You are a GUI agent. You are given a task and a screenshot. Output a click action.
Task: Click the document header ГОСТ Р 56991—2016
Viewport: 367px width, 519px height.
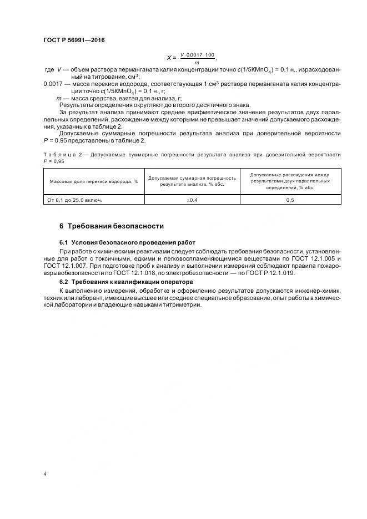point(74,41)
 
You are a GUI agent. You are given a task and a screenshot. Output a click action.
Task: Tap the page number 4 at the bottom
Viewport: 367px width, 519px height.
point(45,475)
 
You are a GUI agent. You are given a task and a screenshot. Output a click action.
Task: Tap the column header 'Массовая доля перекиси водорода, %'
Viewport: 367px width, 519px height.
point(93,181)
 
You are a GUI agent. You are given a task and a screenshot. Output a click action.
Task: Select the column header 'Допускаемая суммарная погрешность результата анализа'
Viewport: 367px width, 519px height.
point(193,181)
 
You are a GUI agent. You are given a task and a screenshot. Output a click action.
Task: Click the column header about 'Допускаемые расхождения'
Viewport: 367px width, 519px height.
point(290,181)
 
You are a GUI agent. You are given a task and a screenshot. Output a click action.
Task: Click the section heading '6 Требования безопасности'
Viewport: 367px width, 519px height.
point(111,226)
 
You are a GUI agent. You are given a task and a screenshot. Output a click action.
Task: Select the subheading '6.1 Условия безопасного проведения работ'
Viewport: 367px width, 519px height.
point(127,242)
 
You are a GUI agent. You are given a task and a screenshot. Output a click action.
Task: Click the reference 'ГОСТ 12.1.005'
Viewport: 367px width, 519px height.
point(317,259)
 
